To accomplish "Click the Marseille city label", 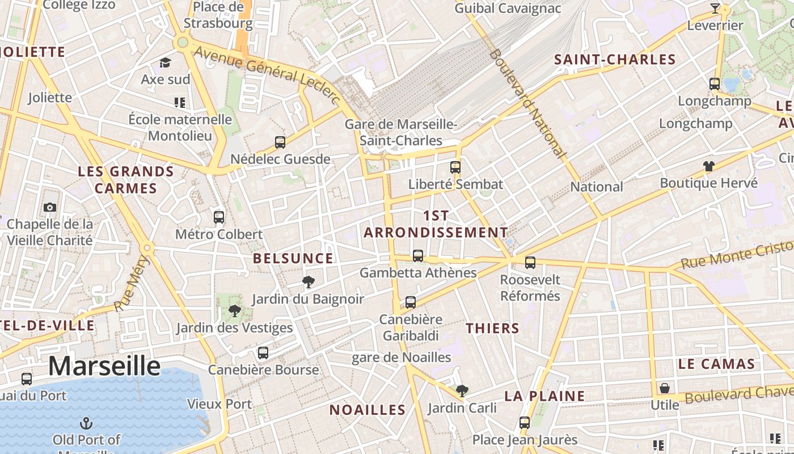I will [104, 366].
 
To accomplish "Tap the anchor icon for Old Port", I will [86, 423].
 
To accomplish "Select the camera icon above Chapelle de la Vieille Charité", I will [50, 207].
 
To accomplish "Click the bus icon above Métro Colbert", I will [219, 217].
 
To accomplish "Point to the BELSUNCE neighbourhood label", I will [293, 259].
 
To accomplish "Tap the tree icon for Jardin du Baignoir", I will [309, 281].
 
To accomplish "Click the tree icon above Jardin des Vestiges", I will [234, 310].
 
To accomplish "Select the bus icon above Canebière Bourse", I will [263, 352].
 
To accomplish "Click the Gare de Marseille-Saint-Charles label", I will [401, 132].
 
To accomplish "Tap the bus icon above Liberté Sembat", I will [455, 167].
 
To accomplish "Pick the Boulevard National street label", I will [527, 103].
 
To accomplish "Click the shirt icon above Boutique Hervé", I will [708, 166].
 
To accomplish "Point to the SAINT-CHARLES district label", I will [615, 60].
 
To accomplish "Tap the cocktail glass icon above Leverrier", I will [715, 9].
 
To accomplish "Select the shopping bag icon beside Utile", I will [665, 388].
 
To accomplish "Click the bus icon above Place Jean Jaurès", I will [525, 422].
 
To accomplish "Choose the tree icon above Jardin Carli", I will [462, 390].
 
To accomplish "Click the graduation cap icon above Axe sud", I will [165, 62].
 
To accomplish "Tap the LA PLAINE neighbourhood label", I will [544, 396].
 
